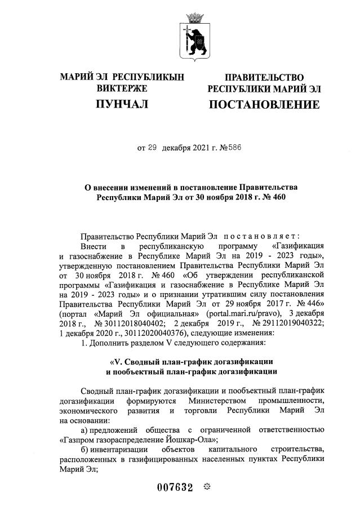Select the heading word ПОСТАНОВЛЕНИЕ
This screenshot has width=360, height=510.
click(x=264, y=104)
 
